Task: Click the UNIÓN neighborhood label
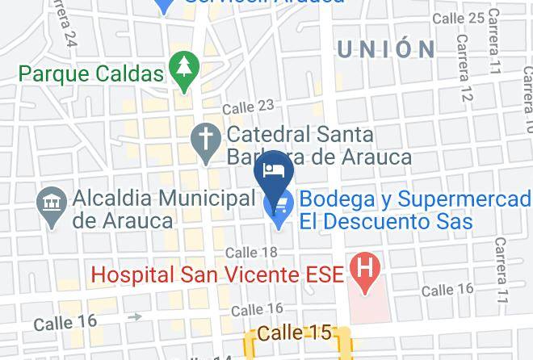pos(386,49)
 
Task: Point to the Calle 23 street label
pos(248,107)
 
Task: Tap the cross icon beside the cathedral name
pos(206,137)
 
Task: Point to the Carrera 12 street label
pos(464,69)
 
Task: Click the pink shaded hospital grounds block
pos(368,303)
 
